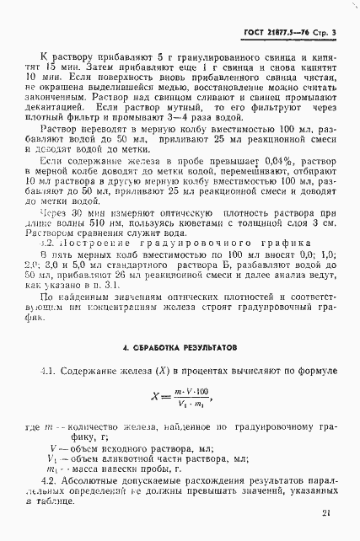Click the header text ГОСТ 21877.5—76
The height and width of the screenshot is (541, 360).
pyautogui.click(x=277, y=33)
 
